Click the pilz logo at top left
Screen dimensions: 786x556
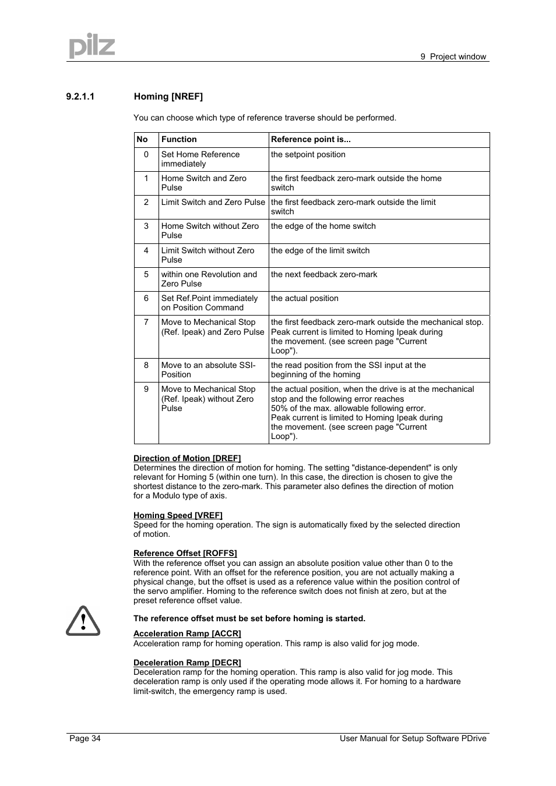pos(92,45)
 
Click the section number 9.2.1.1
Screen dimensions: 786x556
pos(80,97)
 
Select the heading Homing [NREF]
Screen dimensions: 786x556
pos(168,97)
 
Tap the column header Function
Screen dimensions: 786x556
pos(179,140)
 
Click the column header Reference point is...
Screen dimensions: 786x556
pos(311,140)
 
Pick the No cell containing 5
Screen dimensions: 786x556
pos(146,274)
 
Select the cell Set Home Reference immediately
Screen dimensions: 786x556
pos(200,159)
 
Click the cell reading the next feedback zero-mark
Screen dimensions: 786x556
pos(324,274)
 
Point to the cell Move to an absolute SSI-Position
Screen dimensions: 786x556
pos(208,370)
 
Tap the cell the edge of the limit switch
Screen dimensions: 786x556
pos(320,250)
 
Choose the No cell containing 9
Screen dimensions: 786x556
pos(146,389)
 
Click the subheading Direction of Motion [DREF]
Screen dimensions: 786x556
pos(187,458)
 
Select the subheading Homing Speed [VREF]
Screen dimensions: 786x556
pos(178,515)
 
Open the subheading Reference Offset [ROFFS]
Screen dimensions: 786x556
pos(185,553)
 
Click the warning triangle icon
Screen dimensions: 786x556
pos(83,621)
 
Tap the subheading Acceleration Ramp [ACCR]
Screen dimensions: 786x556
pos(187,633)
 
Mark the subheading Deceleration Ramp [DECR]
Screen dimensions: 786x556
pos(187,663)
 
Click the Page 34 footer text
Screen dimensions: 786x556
pos(85,738)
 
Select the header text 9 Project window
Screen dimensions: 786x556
pos(453,56)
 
